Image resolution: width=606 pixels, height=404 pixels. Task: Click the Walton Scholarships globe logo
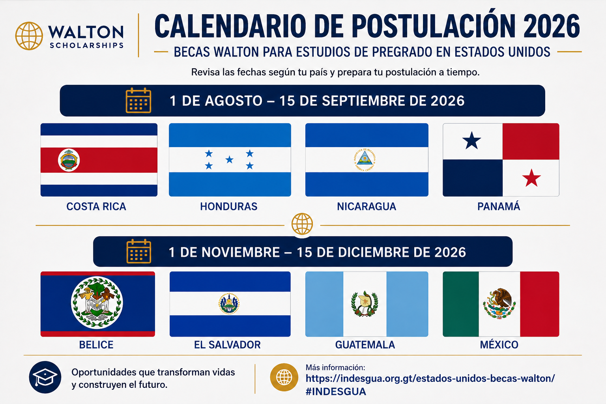point(29,36)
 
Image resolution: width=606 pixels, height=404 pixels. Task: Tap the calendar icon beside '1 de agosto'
point(138,100)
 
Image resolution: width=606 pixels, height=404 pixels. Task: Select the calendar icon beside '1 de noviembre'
point(139,251)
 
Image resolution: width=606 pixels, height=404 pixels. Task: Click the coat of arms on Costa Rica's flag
point(69,160)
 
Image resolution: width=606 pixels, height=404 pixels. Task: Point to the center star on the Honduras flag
point(229,160)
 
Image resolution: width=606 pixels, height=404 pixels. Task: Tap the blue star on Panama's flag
point(471,141)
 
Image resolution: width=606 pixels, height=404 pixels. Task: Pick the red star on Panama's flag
point(531,178)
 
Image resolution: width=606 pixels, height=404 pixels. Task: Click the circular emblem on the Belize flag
point(97,303)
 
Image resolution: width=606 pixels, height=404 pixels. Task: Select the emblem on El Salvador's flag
point(229,303)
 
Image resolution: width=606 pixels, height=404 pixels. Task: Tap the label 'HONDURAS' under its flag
point(228,206)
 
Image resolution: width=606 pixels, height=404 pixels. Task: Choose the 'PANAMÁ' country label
point(499,206)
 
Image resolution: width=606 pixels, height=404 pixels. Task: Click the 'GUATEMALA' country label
point(365,345)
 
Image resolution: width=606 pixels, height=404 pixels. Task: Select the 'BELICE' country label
point(96,345)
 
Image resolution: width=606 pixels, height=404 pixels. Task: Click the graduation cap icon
point(45,377)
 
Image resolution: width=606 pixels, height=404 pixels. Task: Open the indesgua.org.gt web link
point(430,378)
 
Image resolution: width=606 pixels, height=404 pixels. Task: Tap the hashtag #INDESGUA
point(336,391)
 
